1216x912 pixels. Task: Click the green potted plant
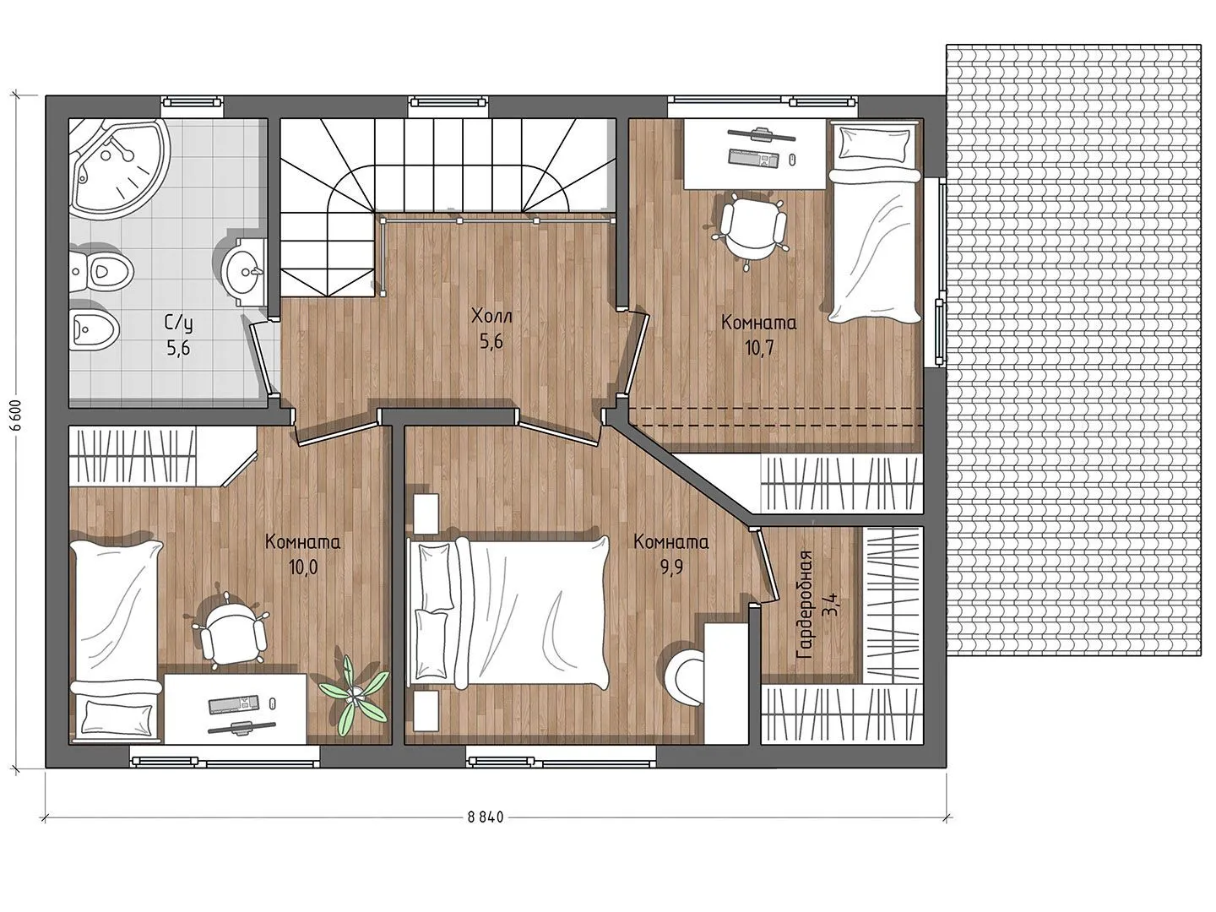pos(355,694)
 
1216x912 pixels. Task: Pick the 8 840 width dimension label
pos(486,817)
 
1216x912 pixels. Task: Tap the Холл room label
pos(491,316)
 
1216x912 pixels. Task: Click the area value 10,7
pos(759,348)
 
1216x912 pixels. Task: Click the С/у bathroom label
pos(178,322)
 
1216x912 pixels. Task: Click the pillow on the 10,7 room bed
pos(874,143)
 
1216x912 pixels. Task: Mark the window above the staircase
pos(449,102)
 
